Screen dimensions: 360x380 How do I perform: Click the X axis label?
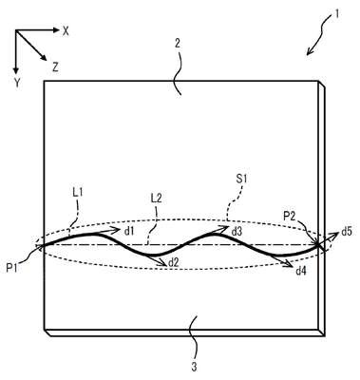click(66, 30)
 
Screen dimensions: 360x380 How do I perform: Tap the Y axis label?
click(17, 83)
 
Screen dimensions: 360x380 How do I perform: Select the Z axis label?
click(55, 67)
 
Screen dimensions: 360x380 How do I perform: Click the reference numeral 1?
click(336, 14)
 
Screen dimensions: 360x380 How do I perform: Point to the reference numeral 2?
click(178, 44)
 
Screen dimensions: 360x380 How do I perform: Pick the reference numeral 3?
click(194, 367)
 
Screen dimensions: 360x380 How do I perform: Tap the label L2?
click(157, 199)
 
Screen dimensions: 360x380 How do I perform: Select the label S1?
click(242, 180)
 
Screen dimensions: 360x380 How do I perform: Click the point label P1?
click(12, 268)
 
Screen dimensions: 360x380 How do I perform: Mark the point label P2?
click(290, 217)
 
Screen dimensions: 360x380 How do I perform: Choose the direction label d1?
click(129, 232)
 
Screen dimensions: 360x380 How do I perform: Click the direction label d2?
click(174, 262)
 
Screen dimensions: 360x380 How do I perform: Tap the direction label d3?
click(237, 232)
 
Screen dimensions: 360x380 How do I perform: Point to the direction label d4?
click(301, 271)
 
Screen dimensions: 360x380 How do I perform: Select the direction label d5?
click(347, 232)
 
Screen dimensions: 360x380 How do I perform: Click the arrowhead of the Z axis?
click(45, 58)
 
